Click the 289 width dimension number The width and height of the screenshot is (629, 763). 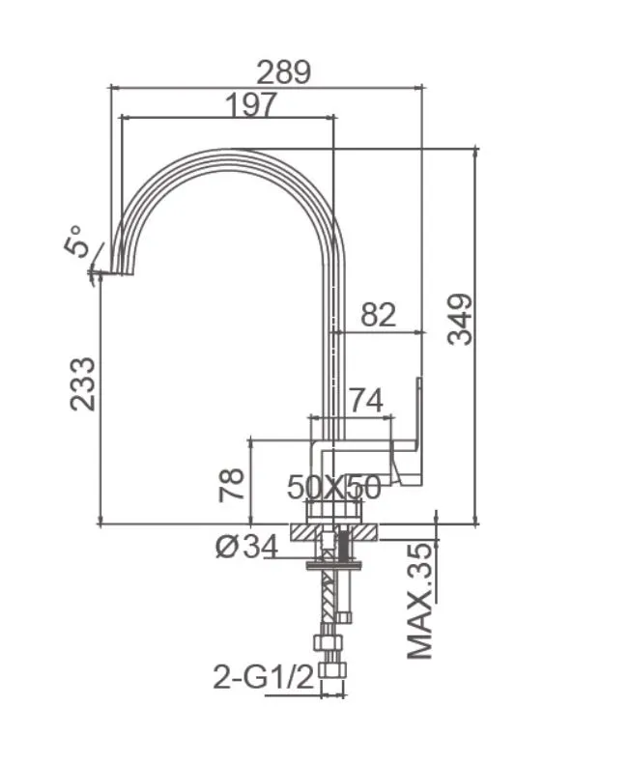coord(283,72)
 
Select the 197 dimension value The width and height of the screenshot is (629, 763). coord(251,104)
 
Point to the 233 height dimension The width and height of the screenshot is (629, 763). coord(82,384)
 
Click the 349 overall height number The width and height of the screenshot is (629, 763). coord(461,320)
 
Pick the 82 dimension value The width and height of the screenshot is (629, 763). coord(379,315)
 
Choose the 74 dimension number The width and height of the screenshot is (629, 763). coord(366,400)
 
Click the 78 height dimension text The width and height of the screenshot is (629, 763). coord(231,485)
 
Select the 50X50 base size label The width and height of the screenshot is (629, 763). coord(333,487)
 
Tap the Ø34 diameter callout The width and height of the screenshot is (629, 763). coord(246,547)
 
